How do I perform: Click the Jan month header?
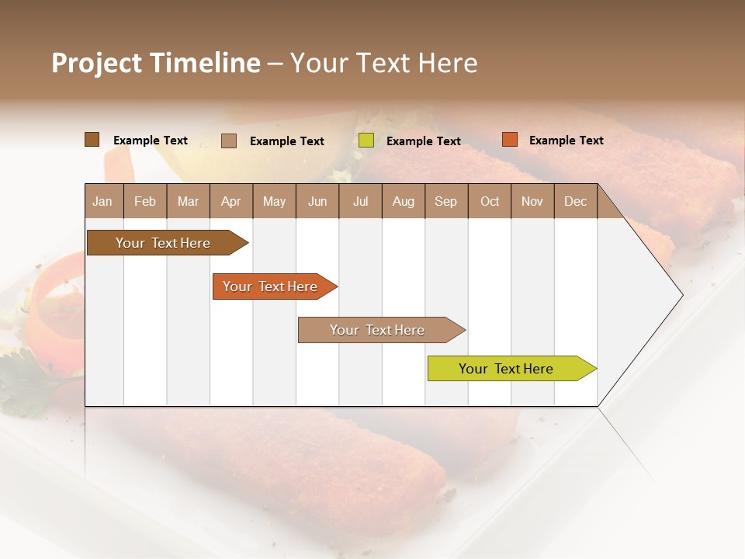(x=102, y=201)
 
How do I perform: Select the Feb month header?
(x=145, y=201)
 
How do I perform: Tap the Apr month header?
(x=230, y=201)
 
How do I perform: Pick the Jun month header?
(x=317, y=201)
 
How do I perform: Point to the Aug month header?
(x=403, y=201)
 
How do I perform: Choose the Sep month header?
(x=445, y=201)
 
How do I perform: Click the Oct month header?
(x=490, y=201)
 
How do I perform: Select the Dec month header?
(x=575, y=201)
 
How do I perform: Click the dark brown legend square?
(x=92, y=140)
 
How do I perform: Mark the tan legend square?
(x=229, y=141)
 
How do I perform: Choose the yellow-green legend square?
(x=366, y=141)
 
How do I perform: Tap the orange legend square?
(x=509, y=140)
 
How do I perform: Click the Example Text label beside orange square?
(x=566, y=141)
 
